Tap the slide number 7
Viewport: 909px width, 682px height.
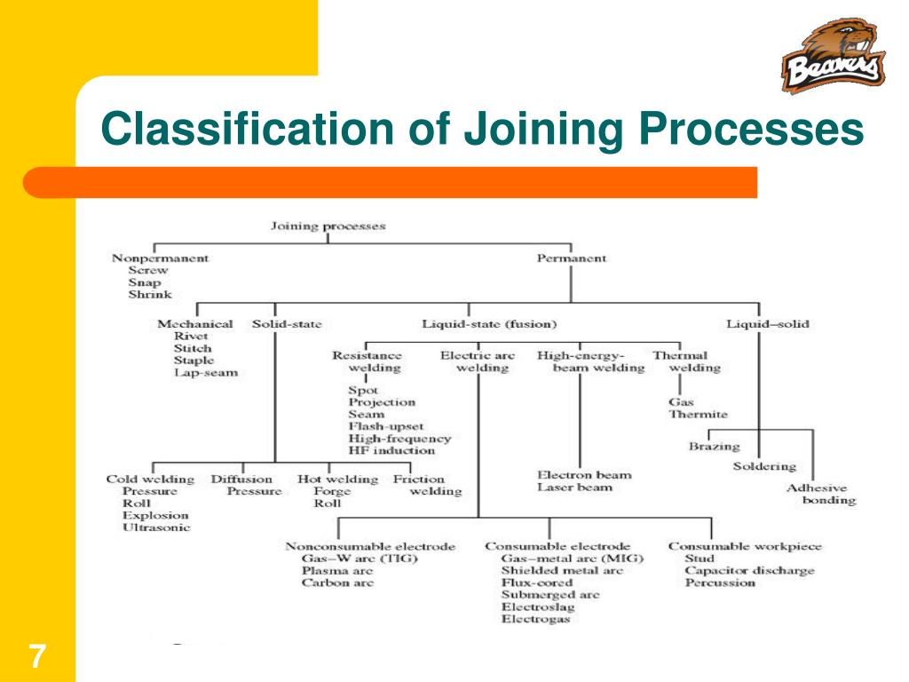(36, 658)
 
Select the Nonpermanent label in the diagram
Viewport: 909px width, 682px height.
(160, 258)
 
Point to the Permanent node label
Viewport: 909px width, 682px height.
(572, 258)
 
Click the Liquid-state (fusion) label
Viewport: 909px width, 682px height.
(489, 324)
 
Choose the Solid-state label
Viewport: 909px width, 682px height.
(287, 324)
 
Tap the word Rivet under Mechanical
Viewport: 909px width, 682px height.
(192, 337)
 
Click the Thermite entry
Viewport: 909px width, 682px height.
(698, 415)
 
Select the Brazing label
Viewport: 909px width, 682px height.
(714, 447)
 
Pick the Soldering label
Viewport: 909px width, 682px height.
(764, 466)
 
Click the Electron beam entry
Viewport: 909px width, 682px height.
(584, 475)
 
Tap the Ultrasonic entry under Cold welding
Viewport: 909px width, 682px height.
(156, 527)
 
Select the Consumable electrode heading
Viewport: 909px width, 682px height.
(557, 546)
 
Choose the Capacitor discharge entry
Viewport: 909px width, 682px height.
(749, 571)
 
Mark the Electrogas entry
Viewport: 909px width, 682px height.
(535, 619)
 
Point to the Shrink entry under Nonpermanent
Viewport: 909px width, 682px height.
(150, 294)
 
